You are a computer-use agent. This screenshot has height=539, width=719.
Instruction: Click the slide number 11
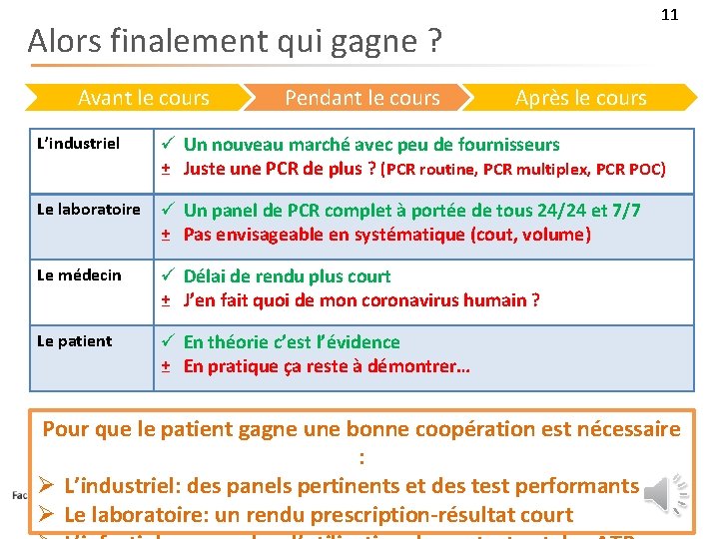669,15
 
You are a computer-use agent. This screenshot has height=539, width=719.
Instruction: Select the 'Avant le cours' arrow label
144,98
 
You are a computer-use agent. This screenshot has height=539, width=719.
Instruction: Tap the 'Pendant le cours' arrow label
361,98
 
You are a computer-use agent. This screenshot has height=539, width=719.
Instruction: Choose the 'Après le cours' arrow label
580,98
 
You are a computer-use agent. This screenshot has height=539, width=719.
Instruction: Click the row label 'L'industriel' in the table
78,144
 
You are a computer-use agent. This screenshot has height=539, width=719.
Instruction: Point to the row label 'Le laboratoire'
88,210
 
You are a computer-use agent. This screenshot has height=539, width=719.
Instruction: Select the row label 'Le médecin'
79,275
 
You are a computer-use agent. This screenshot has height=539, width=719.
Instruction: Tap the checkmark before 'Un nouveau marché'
170,145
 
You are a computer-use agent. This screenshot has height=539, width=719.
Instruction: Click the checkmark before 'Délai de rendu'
170,276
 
